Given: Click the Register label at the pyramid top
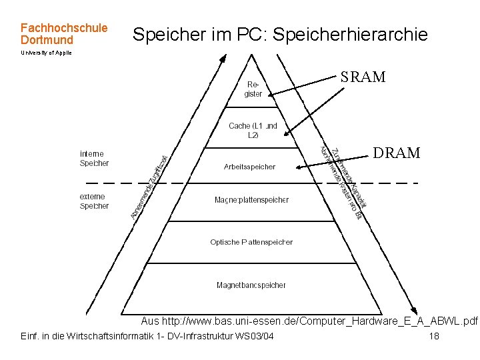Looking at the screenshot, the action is click(254, 89).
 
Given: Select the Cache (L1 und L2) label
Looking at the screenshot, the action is click(253, 130).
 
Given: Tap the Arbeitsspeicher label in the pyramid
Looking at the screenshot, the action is click(249, 167).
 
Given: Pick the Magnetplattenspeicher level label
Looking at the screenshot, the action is click(252, 200).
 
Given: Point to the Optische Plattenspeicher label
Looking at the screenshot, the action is click(251, 242).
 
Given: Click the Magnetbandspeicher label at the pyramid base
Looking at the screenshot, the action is click(251, 285).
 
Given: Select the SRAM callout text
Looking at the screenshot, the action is click(363, 77).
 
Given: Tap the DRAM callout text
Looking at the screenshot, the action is click(397, 153).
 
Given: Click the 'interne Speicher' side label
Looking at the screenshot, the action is click(94, 158).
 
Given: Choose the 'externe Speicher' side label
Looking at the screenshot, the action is click(94, 201).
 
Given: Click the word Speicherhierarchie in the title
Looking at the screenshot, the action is click(351, 35).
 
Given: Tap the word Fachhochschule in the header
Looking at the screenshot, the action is click(64, 28).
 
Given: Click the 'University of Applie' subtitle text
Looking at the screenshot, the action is click(46, 53).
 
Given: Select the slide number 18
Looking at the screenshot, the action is click(434, 336).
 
